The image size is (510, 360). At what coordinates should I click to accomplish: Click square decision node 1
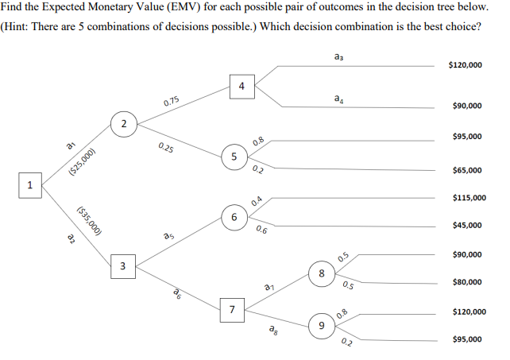click(29, 184)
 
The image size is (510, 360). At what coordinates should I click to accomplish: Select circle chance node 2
click(124, 123)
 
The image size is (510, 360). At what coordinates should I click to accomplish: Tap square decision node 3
click(122, 265)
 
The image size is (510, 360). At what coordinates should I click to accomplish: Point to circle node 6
click(234, 216)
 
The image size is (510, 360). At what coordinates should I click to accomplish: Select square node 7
click(231, 308)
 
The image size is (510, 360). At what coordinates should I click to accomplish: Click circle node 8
click(320, 273)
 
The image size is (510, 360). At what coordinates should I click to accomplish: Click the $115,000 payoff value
click(468, 198)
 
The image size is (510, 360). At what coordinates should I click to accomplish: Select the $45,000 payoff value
click(467, 226)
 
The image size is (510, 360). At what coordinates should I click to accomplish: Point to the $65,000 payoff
click(467, 170)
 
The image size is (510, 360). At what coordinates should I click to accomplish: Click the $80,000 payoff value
click(467, 282)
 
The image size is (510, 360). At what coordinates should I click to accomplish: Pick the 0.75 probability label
click(171, 102)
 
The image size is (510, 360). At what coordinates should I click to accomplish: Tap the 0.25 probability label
click(167, 148)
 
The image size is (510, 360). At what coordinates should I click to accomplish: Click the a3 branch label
click(340, 56)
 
